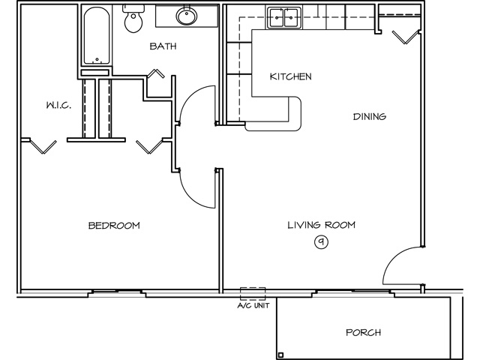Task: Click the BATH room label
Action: [163, 46]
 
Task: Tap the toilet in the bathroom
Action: [133, 18]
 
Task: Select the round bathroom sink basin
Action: [187, 16]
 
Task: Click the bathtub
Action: [97, 35]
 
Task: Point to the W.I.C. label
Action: [59, 106]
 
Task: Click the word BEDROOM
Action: [114, 226]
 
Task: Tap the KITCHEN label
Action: [291, 76]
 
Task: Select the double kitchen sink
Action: [284, 18]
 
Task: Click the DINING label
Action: [370, 117]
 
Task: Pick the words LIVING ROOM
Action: [322, 225]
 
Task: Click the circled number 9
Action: [322, 242]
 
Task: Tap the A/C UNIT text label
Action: [253, 305]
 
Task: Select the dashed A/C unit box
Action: [253, 294]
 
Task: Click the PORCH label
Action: [363, 332]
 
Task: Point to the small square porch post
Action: [280, 355]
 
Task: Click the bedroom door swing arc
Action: [189, 196]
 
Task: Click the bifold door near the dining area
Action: [406, 37]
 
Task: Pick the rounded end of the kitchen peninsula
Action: [298, 114]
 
